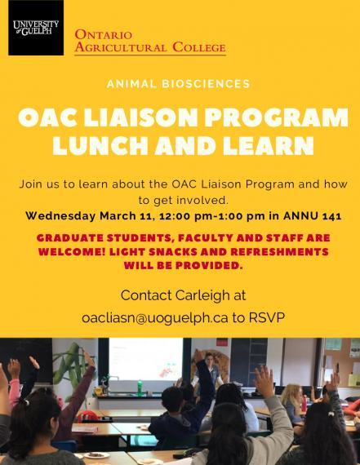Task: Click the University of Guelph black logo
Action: (x=36, y=28)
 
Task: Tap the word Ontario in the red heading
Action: (x=104, y=35)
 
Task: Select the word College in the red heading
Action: (x=199, y=47)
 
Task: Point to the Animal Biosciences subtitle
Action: (x=179, y=84)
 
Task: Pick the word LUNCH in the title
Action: (x=100, y=145)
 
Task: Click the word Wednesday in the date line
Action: (x=60, y=215)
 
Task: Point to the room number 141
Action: (x=331, y=216)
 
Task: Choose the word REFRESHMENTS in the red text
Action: (x=279, y=252)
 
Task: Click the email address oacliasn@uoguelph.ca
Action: (x=155, y=318)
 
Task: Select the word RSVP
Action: (x=266, y=317)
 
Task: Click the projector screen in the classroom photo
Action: (x=146, y=359)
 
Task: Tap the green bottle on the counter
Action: (x=140, y=387)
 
